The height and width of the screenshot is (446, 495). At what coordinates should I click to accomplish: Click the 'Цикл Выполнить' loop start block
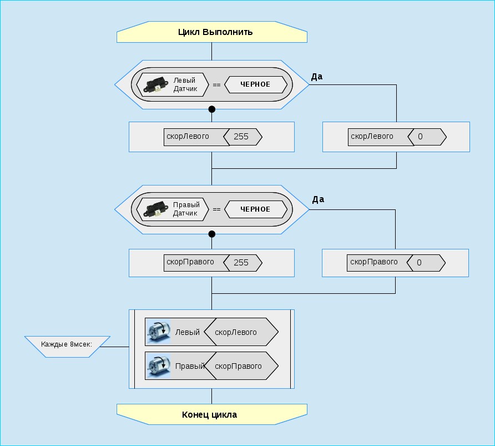tap(211, 32)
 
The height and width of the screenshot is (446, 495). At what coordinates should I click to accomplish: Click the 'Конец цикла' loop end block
tap(211, 414)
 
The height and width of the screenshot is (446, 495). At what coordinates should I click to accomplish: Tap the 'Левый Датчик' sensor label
tap(184, 84)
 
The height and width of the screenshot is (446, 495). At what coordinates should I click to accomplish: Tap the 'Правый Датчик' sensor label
tap(186, 209)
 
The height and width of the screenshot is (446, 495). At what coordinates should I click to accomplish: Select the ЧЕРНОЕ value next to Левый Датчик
tap(255, 84)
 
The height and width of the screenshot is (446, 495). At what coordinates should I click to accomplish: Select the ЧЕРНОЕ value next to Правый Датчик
tap(255, 209)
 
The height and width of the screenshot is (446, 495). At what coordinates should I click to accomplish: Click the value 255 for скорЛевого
tap(242, 137)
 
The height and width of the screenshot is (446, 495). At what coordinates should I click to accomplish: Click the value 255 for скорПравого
tap(242, 262)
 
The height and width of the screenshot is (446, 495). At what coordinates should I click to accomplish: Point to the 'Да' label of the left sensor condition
tap(317, 77)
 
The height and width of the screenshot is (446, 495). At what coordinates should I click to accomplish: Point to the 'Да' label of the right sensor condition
tap(318, 199)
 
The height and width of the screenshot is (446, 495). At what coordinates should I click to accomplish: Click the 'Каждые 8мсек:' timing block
tap(67, 344)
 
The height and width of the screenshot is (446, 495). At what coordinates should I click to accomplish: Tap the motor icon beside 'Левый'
tap(158, 332)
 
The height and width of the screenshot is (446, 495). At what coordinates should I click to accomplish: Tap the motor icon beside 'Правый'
tap(158, 366)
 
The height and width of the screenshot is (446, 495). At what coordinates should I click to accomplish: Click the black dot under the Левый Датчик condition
tap(211, 109)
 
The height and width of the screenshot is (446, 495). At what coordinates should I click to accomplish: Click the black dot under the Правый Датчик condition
tap(211, 234)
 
